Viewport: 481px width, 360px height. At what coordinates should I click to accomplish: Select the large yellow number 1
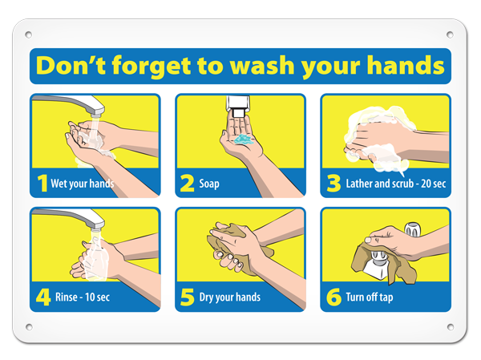(x=42, y=184)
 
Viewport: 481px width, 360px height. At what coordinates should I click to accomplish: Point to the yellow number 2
(x=187, y=184)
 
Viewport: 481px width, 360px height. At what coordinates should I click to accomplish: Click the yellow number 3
(x=333, y=184)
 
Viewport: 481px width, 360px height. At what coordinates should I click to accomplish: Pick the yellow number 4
(x=43, y=297)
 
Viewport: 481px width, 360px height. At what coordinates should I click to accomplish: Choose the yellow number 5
(x=187, y=297)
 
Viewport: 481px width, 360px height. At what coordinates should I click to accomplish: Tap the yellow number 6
(x=333, y=297)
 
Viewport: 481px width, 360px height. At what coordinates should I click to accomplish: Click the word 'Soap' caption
(x=209, y=184)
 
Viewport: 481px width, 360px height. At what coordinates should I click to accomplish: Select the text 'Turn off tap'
(x=370, y=297)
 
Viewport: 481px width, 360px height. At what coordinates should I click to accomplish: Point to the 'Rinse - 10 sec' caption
(x=83, y=297)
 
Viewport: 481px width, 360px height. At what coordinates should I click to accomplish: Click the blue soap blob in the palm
(x=245, y=140)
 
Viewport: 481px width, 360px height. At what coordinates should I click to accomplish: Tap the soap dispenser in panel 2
(x=238, y=106)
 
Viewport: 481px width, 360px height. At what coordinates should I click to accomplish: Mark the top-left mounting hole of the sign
(x=29, y=34)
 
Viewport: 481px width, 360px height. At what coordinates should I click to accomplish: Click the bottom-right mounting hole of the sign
(x=451, y=327)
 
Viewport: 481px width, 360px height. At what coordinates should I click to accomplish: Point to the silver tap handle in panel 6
(x=412, y=229)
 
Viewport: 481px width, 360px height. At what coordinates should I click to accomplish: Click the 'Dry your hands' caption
(x=230, y=297)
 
